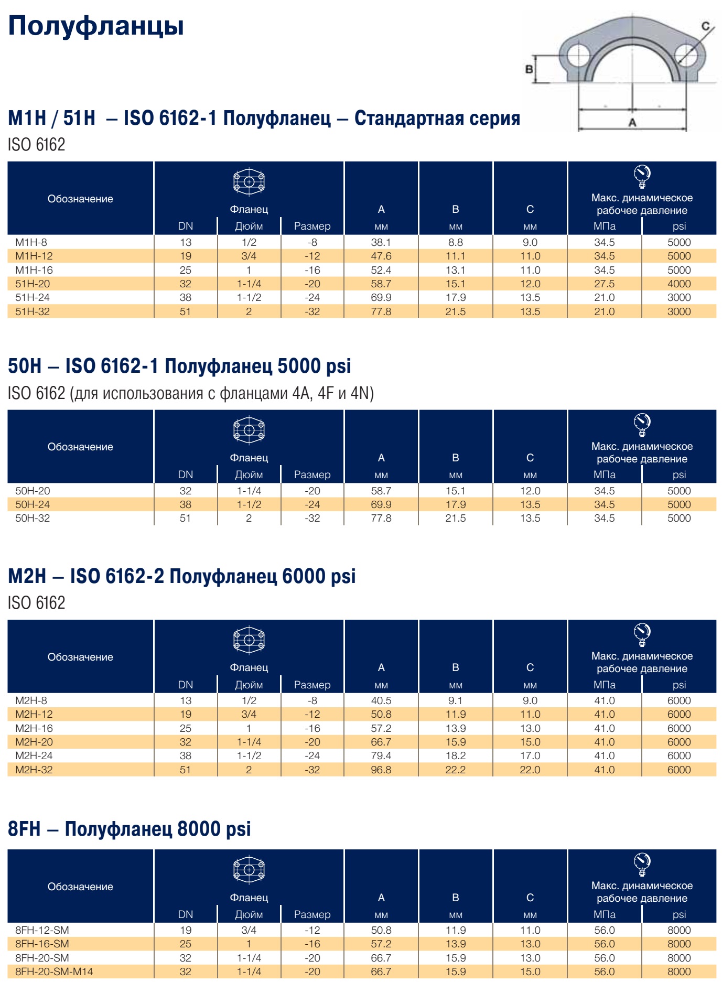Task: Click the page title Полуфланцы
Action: click(96, 26)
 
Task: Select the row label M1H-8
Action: click(31, 242)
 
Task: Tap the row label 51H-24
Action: click(33, 297)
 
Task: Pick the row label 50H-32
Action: click(33, 518)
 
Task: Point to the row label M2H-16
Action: click(34, 728)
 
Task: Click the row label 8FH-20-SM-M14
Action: click(54, 971)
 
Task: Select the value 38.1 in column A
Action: click(381, 242)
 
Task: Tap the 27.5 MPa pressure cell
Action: click(605, 284)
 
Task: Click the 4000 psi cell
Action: click(679, 284)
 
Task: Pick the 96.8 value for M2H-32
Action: click(381, 770)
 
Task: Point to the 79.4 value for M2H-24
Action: click(381, 755)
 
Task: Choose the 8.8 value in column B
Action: click(456, 242)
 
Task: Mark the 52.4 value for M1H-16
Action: click(381, 270)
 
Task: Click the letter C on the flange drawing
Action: click(706, 26)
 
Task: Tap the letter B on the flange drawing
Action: click(529, 69)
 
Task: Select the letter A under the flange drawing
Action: click(632, 123)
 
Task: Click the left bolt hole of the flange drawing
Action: click(578, 55)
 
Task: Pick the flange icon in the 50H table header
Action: click(249, 430)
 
